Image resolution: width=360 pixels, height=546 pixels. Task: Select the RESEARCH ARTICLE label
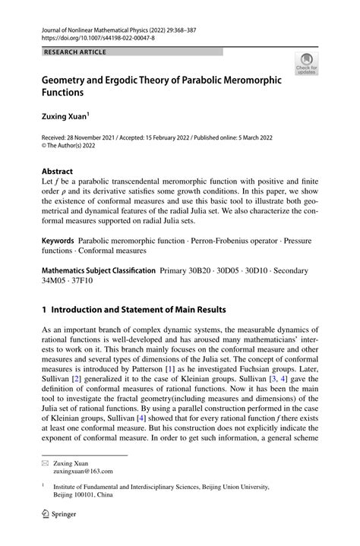tap(75, 52)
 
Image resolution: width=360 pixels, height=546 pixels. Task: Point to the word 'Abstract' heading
tap(57, 172)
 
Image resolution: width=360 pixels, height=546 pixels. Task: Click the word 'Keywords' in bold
tap(58, 239)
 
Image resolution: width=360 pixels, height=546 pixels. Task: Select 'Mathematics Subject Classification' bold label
tap(98, 269)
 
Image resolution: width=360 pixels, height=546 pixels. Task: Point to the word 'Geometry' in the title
tap(67, 79)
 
